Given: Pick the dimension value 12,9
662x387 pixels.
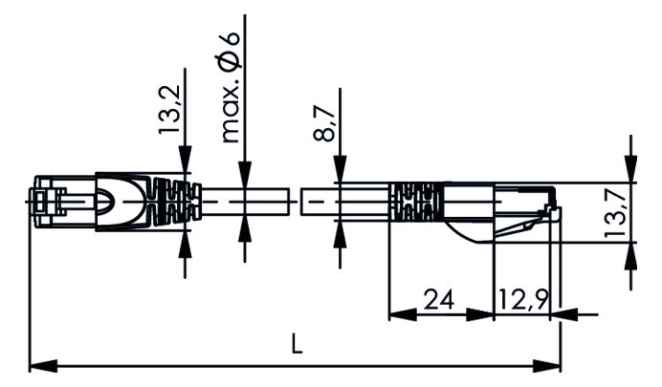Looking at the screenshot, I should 522,300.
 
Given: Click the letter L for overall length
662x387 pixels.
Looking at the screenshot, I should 297,346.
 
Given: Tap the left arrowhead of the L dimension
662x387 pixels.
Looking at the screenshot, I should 38,365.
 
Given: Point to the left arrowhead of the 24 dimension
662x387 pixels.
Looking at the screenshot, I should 395,313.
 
